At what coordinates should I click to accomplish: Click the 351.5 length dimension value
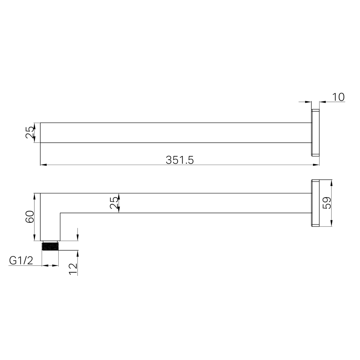[180, 160]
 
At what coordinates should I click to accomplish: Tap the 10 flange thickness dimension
[338, 97]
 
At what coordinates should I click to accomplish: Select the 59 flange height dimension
[328, 203]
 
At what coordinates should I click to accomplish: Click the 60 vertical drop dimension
[30, 217]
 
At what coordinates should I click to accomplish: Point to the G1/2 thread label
[21, 260]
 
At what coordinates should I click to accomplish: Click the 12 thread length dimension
[73, 269]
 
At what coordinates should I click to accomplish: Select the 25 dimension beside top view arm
[30, 132]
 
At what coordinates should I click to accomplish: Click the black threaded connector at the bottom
[50, 246]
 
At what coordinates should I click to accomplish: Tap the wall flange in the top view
[315, 132]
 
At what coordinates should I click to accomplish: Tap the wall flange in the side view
[315, 203]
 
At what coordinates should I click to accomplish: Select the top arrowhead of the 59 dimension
[332, 183]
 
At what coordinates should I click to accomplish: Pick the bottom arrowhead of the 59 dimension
[332, 223]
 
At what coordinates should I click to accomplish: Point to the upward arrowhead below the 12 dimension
[77, 253]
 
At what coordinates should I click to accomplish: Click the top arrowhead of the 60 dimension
[35, 196]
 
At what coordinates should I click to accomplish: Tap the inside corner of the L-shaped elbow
[60, 213]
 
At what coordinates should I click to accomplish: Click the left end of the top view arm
[40, 133]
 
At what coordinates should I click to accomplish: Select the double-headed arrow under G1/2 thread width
[50, 265]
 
